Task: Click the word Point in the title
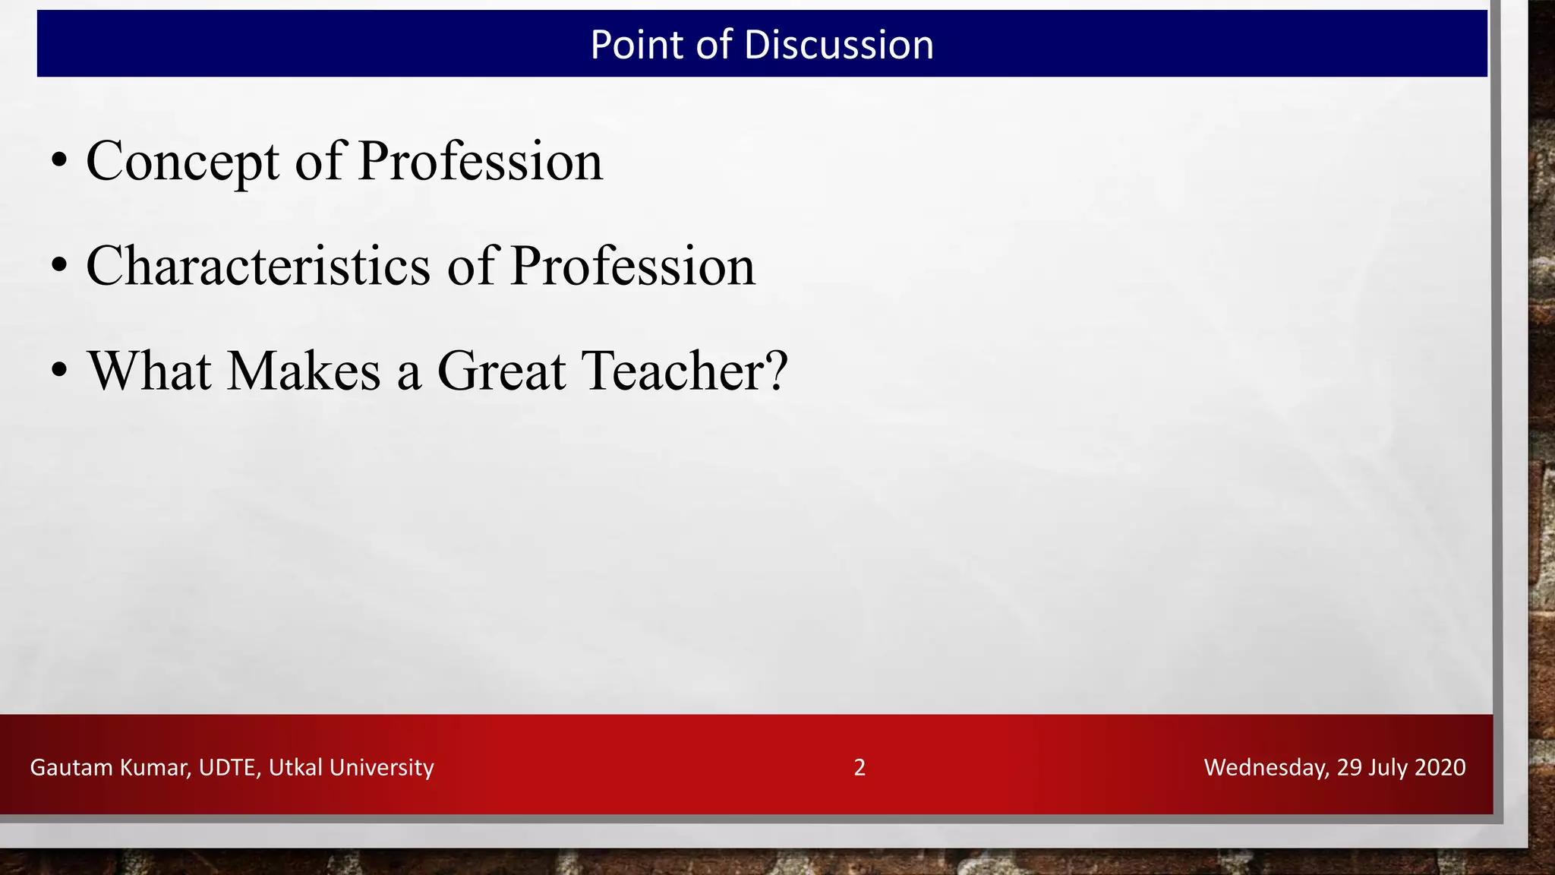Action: tap(636, 45)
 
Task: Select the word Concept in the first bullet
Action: tap(182, 162)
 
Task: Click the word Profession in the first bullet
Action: tap(480, 162)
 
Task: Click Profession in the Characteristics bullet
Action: tap(632, 267)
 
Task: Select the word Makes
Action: tap(304, 371)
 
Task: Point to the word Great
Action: tap(501, 371)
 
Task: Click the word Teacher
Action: tap(683, 371)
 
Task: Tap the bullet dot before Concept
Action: tap(59, 162)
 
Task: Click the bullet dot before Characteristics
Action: tap(59, 267)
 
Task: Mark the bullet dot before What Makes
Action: tap(59, 371)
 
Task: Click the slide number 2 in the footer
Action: tap(860, 767)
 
